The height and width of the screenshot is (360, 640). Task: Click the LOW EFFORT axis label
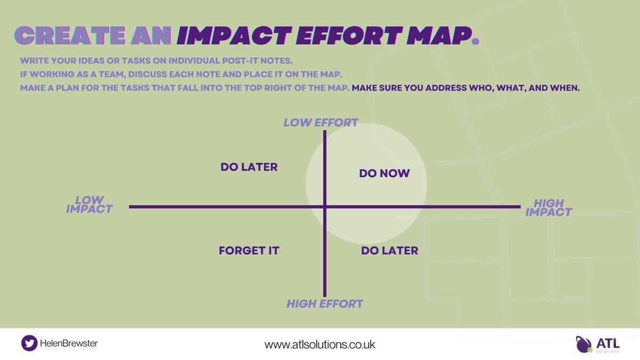click(x=321, y=123)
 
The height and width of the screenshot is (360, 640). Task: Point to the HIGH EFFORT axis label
click(x=324, y=304)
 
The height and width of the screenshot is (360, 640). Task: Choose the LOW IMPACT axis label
click(x=89, y=205)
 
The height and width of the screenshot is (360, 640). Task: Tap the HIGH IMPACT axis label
click(x=548, y=207)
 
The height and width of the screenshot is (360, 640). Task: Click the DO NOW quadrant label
click(x=384, y=173)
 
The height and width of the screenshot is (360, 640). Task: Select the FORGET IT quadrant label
click(x=249, y=250)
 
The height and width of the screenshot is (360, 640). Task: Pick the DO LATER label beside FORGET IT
click(x=389, y=250)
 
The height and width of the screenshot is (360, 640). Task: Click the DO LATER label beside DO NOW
click(x=249, y=167)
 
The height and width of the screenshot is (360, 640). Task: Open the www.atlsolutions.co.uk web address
click(x=320, y=345)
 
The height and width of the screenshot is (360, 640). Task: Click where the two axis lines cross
click(x=324, y=206)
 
